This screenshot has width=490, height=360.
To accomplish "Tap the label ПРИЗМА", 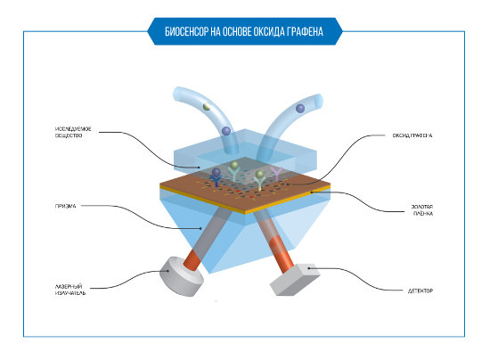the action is (x=65, y=206).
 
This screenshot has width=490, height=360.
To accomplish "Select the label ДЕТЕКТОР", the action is (x=421, y=290).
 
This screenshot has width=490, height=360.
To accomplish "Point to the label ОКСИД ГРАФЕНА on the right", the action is (x=412, y=135).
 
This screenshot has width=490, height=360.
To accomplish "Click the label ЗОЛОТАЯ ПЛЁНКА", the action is (x=422, y=210).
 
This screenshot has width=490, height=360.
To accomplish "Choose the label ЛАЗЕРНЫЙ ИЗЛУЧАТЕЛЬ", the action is (x=70, y=290).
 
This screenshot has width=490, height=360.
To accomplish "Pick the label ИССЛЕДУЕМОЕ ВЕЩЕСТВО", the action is (x=73, y=132).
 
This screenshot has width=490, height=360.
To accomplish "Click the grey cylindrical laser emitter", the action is (x=181, y=276).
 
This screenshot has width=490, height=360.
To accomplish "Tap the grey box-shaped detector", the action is (x=294, y=280).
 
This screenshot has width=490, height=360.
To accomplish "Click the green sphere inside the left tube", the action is (x=207, y=107).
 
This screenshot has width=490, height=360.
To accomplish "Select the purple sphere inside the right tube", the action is (x=300, y=109).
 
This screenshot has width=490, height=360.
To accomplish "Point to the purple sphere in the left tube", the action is (x=226, y=131).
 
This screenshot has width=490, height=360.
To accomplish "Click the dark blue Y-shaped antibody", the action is (x=216, y=181).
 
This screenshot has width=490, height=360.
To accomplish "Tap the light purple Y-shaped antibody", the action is (x=276, y=174).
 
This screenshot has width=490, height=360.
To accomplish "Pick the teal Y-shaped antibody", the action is (x=233, y=174).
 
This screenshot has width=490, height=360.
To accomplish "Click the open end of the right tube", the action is (x=319, y=102).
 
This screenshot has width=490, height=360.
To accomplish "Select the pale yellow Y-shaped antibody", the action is (x=259, y=184).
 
